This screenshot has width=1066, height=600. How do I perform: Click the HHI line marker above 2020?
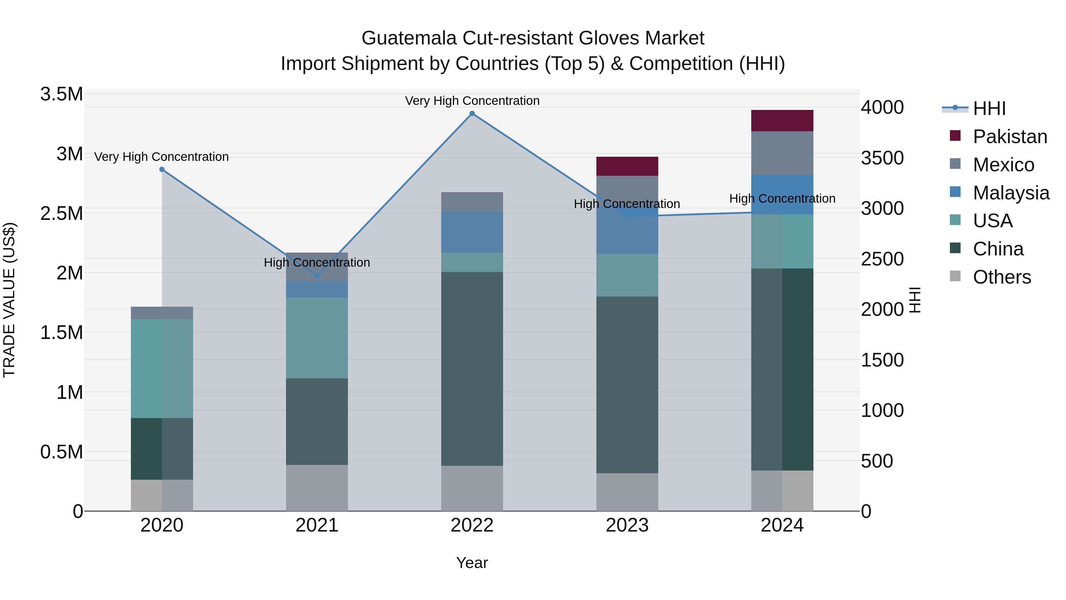point(162,169)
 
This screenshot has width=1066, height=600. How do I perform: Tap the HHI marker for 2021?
point(317,276)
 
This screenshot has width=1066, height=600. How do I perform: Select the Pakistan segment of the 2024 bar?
point(782,121)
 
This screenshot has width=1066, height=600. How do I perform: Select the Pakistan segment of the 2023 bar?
point(627,166)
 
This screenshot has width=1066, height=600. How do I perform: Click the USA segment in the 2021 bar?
point(317,337)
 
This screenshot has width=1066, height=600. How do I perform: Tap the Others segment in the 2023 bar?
point(627,492)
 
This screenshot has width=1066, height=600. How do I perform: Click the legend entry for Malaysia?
point(1011,193)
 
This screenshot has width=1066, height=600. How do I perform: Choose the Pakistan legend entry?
point(1010,137)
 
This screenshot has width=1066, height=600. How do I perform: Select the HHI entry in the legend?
point(989,108)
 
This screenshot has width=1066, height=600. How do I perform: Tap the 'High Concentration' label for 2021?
point(317,263)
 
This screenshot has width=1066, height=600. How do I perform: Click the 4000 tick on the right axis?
point(882,107)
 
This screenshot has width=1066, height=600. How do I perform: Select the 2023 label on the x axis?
point(627,525)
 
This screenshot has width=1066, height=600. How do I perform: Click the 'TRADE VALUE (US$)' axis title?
point(9,300)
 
